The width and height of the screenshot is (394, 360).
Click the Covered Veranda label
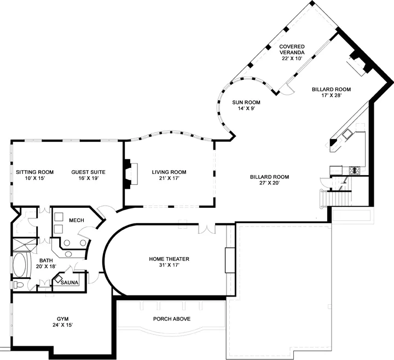(x=292, y=49)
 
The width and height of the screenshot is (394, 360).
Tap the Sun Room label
(x=246, y=102)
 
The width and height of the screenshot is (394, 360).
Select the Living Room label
(x=169, y=172)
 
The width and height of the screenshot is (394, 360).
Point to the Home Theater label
(x=169, y=259)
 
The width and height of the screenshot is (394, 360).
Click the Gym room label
(x=62, y=319)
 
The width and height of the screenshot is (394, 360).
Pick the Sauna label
(x=69, y=283)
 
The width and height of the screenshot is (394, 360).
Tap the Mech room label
(x=77, y=220)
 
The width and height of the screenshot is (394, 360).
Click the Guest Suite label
(x=88, y=172)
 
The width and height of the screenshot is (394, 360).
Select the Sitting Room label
(x=34, y=172)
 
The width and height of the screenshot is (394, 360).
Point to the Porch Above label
(x=172, y=319)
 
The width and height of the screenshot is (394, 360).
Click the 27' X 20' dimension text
(x=269, y=183)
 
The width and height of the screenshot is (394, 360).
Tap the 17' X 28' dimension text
(x=332, y=95)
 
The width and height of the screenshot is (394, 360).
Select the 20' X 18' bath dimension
(x=46, y=266)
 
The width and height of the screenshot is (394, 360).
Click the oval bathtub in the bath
(x=19, y=265)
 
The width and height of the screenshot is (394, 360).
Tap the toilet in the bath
(x=19, y=285)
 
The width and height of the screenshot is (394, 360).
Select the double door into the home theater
(x=206, y=228)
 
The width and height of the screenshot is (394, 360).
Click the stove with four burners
(x=355, y=170)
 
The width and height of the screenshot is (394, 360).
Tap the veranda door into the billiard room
(x=286, y=89)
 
